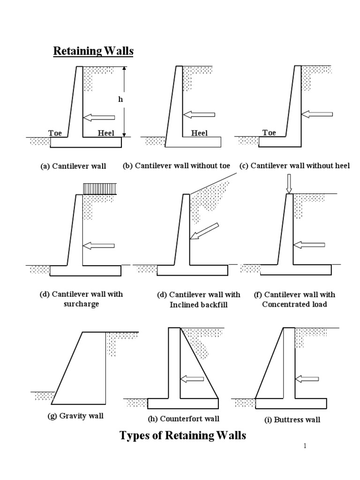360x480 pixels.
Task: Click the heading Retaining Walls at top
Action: click(93, 51)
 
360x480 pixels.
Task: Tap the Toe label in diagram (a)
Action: click(55, 133)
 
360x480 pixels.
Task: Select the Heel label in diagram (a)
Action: click(106, 133)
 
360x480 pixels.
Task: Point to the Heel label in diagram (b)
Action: click(199, 133)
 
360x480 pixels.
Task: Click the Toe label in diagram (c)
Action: click(269, 133)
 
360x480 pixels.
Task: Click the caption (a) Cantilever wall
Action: click(73, 166)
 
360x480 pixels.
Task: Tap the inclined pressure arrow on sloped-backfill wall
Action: click(205, 231)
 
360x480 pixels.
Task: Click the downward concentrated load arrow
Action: click(289, 183)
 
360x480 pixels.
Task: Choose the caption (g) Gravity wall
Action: click(75, 416)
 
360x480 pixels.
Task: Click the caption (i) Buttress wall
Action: click(292, 420)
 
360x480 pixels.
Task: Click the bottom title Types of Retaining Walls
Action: click(183, 435)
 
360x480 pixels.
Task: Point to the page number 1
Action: click(305, 446)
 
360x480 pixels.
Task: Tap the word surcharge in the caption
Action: click(81, 304)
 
